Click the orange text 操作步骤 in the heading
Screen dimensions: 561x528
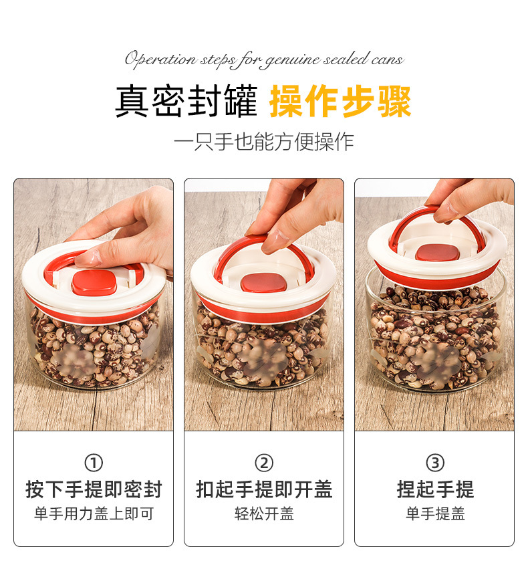340,102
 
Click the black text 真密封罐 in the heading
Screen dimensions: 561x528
186,102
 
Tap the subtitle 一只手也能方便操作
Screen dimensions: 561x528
263,142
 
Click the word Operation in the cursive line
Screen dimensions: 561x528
160,60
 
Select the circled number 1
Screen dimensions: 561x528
94,463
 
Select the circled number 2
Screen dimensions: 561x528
264,463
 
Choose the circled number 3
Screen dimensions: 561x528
435,463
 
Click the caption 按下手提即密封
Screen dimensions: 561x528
94,489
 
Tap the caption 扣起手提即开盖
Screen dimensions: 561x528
264,489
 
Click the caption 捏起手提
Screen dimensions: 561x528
435,489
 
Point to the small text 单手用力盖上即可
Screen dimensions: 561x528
94,514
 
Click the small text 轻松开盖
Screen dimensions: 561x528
264,514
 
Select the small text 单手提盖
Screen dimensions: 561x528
435,514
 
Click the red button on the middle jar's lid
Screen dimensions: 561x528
263,283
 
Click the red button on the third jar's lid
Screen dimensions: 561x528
436,252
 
